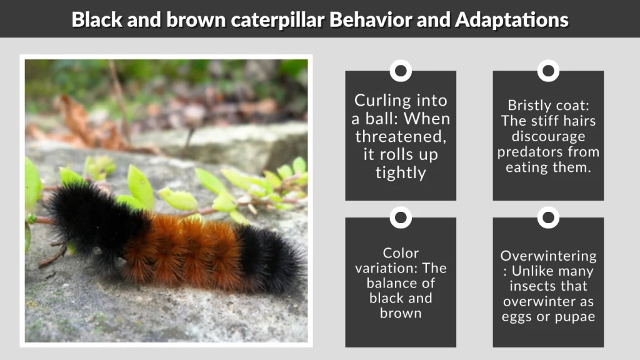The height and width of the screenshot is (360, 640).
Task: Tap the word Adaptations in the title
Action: pyautogui.click(x=512, y=19)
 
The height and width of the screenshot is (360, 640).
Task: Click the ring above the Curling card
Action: pyautogui.click(x=401, y=71)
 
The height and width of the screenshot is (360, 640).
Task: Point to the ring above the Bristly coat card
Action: pyautogui.click(x=548, y=71)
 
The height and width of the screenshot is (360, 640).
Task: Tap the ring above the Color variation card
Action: pyautogui.click(x=401, y=217)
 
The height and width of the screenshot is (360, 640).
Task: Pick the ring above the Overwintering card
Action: pyautogui.click(x=548, y=217)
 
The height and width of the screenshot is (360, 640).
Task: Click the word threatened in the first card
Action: pyautogui.click(x=400, y=137)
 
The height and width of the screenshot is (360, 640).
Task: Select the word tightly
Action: pyautogui.click(x=401, y=173)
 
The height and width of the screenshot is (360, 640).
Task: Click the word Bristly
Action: pyautogui.click(x=528, y=105)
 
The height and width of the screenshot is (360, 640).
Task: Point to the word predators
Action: pyautogui.click(x=549, y=152)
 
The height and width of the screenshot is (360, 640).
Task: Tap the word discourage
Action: pyautogui.click(x=548, y=136)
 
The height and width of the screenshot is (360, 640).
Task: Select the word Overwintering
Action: pyautogui.click(x=548, y=256)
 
